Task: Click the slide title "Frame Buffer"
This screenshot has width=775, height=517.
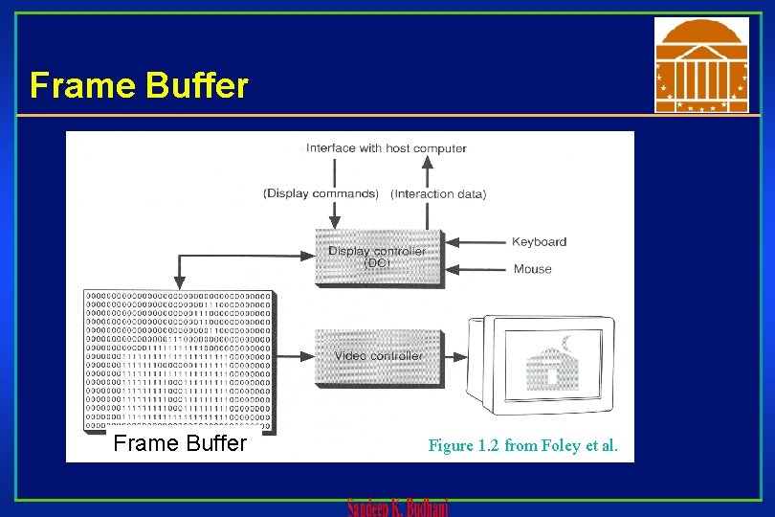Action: pos(139,85)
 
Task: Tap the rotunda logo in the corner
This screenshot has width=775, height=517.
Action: pos(701,64)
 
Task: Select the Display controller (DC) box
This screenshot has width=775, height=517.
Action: pos(377,258)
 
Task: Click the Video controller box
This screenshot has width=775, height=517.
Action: pos(377,356)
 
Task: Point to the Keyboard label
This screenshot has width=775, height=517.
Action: pos(539,242)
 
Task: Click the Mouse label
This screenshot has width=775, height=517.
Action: pos(532,269)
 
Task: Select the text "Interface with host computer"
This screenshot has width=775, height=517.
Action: pos(386,148)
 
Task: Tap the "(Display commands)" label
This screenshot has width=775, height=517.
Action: pos(321,193)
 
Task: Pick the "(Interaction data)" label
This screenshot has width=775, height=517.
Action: pos(438,194)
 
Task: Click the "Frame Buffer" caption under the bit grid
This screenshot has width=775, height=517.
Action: pos(180,443)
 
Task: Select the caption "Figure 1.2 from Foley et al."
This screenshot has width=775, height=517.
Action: pos(522,445)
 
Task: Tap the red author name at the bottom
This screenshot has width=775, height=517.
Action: pos(397,507)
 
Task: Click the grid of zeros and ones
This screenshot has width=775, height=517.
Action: pos(178,360)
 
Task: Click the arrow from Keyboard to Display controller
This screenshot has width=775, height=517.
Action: pos(476,242)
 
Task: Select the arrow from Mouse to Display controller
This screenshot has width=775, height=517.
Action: pos(476,269)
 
